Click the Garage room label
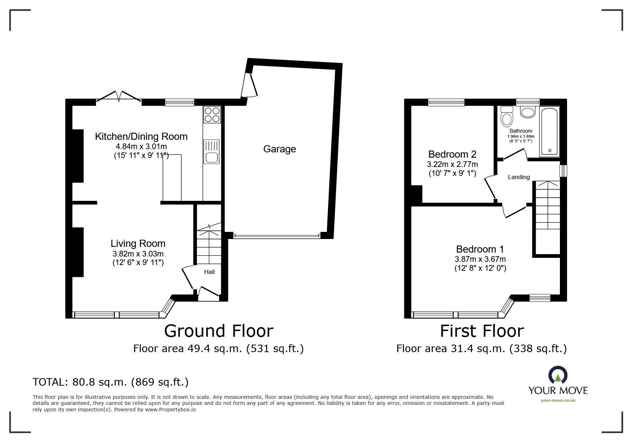point(279,149)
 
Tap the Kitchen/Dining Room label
point(141,136)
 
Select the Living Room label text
point(138,244)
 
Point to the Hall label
point(209,272)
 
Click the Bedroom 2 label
point(452,154)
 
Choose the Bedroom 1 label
point(480,249)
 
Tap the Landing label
point(519,177)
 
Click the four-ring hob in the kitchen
point(212,115)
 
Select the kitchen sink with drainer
point(212,151)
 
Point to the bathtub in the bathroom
point(549,131)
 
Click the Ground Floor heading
point(218,331)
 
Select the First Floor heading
point(482,331)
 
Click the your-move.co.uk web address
point(558,400)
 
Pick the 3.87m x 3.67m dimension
point(480,259)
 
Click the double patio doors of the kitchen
point(119,97)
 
